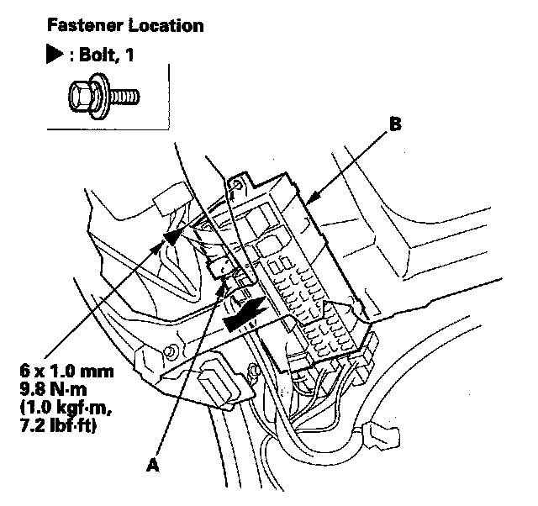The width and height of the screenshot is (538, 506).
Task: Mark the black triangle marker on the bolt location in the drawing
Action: click(x=172, y=238)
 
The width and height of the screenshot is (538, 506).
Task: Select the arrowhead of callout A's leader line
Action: click(x=225, y=289)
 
